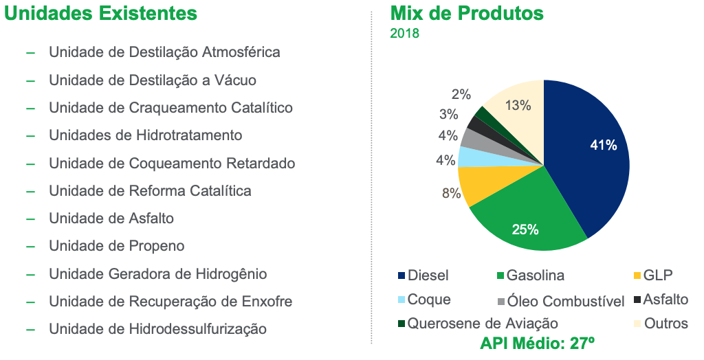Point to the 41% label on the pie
604,145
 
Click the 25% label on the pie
525,229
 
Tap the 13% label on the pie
518,106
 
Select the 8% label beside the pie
451,194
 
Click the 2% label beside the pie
461,94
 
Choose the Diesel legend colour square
401,275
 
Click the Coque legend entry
424,300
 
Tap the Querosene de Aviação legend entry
478,323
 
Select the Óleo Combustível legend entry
561,301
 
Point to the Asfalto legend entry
661,299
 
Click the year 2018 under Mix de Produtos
404,33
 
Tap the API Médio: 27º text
537,344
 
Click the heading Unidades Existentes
100,13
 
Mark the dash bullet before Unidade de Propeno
30,247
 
